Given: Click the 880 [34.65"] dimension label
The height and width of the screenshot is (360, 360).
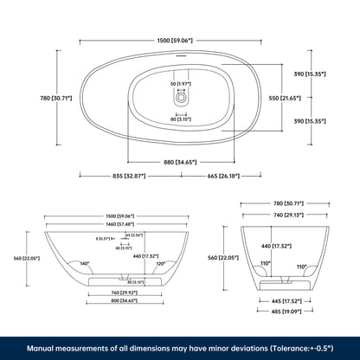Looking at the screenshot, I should [x=180, y=162].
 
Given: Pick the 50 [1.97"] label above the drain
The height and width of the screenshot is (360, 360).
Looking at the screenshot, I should [x=180, y=84].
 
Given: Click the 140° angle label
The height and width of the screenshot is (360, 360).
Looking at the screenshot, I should [x=85, y=263].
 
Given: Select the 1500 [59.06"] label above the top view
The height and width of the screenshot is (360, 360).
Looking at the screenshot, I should [x=180, y=39].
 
